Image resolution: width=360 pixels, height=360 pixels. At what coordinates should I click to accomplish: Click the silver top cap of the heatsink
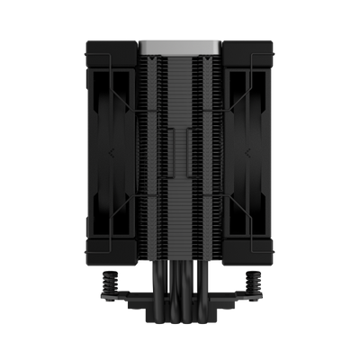coord(179,42)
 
